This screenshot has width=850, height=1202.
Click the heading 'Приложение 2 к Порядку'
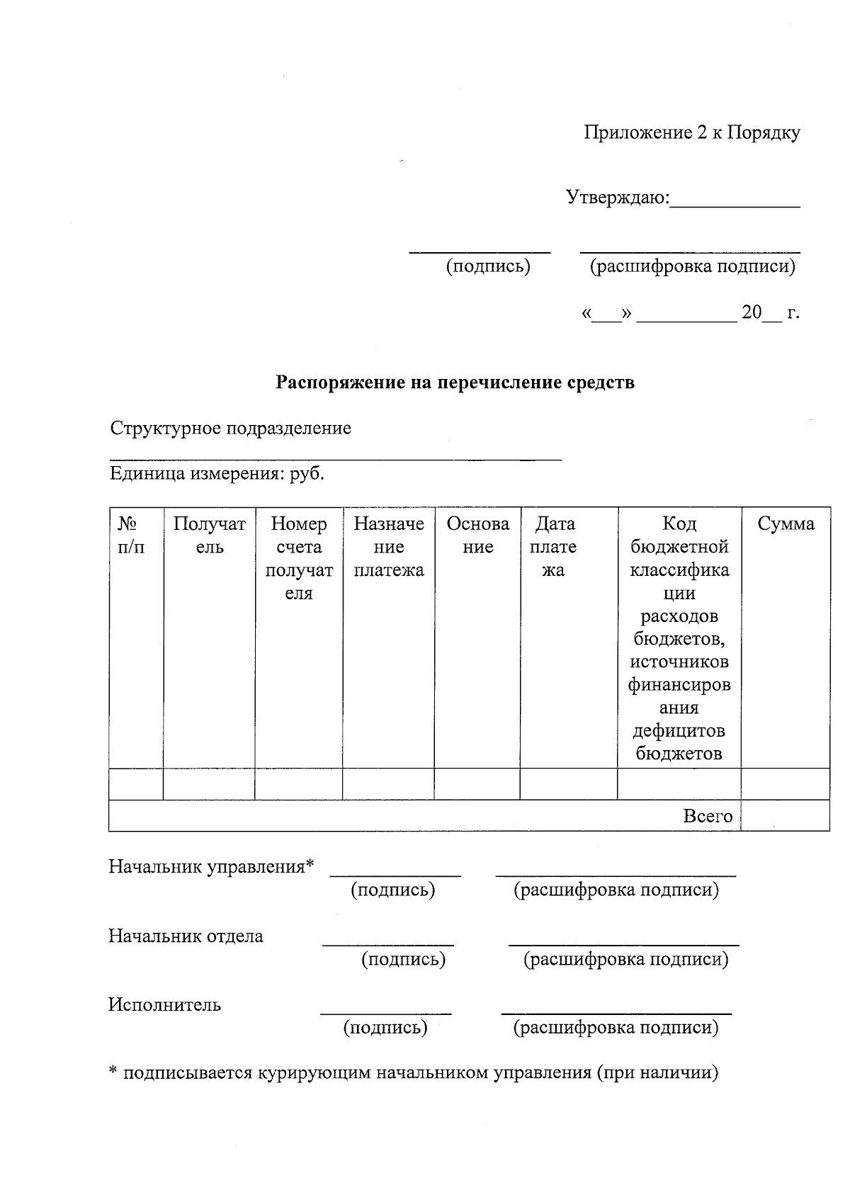691,133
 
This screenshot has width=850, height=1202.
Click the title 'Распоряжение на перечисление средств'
455,383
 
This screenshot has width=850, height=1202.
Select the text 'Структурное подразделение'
230,429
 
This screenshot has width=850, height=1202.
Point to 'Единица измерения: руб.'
217,474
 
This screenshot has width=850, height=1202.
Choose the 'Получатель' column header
209,535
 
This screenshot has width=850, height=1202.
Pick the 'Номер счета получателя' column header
298,558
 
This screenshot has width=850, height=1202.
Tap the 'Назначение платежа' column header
388,547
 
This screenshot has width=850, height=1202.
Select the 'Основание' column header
477,535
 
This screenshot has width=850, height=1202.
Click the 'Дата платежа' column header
555,547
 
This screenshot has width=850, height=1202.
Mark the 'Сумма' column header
786,524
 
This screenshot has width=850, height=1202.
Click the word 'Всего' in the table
707,816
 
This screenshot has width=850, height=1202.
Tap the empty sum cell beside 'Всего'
785,816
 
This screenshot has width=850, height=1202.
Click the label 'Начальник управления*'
210,867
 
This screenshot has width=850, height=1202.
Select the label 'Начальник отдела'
186,936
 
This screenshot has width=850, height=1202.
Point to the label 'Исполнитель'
164,1005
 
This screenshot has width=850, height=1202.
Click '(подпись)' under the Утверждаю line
487,267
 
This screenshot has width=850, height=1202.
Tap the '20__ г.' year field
769,313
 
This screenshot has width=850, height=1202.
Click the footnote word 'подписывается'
187,1073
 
